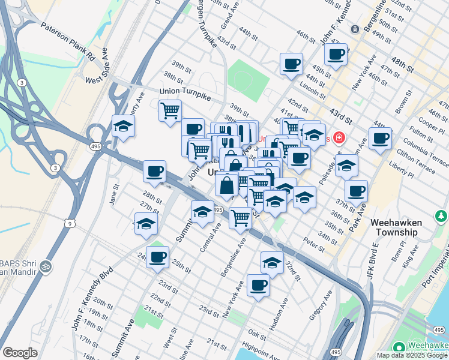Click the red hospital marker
coord(339,138)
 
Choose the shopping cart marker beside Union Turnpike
coord(170,111)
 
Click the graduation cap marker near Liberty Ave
coord(124,127)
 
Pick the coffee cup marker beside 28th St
coord(154,172)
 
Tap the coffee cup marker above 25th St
coord(158,257)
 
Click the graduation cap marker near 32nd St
coord(272,263)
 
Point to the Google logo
coord(20,353)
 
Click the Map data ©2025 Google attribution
coord(411,355)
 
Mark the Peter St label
coord(315,244)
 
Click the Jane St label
coord(114,194)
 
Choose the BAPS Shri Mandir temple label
coord(24,269)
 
